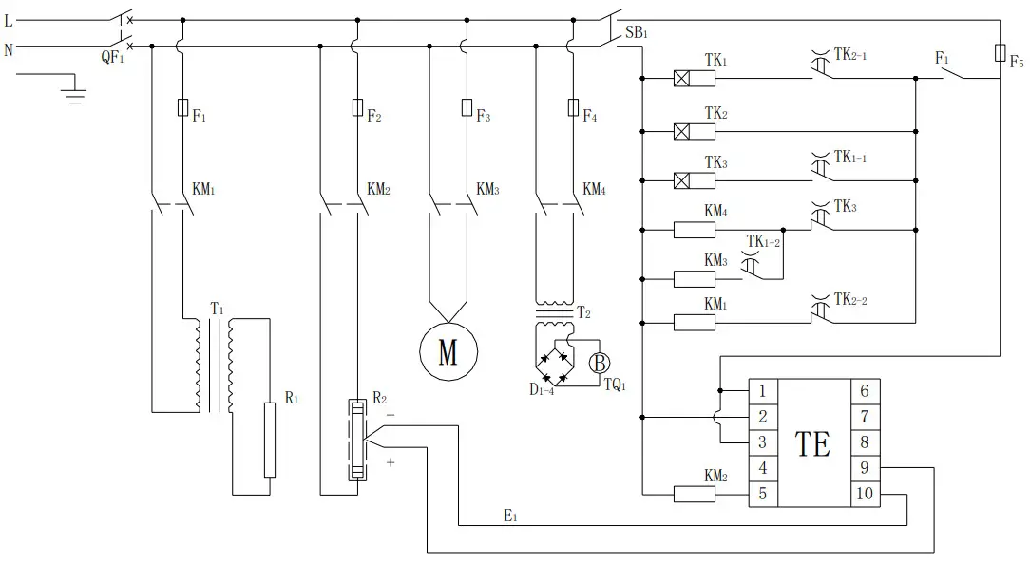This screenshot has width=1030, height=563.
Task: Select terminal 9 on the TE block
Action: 864,467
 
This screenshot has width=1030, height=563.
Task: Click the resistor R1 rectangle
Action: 269,440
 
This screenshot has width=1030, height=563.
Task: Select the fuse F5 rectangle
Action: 1000,52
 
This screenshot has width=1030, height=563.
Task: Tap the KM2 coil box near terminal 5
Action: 694,494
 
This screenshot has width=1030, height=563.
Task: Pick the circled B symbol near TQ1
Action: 600,362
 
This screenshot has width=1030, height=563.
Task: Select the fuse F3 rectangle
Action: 466,107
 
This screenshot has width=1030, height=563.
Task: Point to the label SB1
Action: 637,35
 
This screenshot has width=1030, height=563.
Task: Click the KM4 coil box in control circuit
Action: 694,229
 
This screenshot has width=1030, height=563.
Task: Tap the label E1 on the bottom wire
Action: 510,515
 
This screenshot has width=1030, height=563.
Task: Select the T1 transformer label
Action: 217,310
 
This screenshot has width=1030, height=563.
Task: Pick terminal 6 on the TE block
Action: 864,390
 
